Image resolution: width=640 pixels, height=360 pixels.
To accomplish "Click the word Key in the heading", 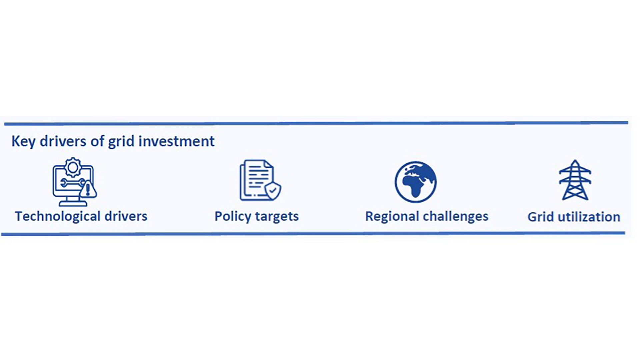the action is pos(23,142).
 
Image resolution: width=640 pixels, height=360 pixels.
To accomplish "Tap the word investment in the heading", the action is pos(176,141).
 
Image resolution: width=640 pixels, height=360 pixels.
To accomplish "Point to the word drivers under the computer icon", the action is pos(126,216).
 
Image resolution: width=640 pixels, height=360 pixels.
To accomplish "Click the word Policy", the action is pos(233,217).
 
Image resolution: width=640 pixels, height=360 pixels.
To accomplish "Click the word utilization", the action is pos(589,217).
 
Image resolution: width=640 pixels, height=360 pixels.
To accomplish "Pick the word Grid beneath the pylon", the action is pos(541,217).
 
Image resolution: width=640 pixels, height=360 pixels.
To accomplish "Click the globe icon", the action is pos(416,182).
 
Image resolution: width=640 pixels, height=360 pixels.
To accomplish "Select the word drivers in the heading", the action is pos(63,141).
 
